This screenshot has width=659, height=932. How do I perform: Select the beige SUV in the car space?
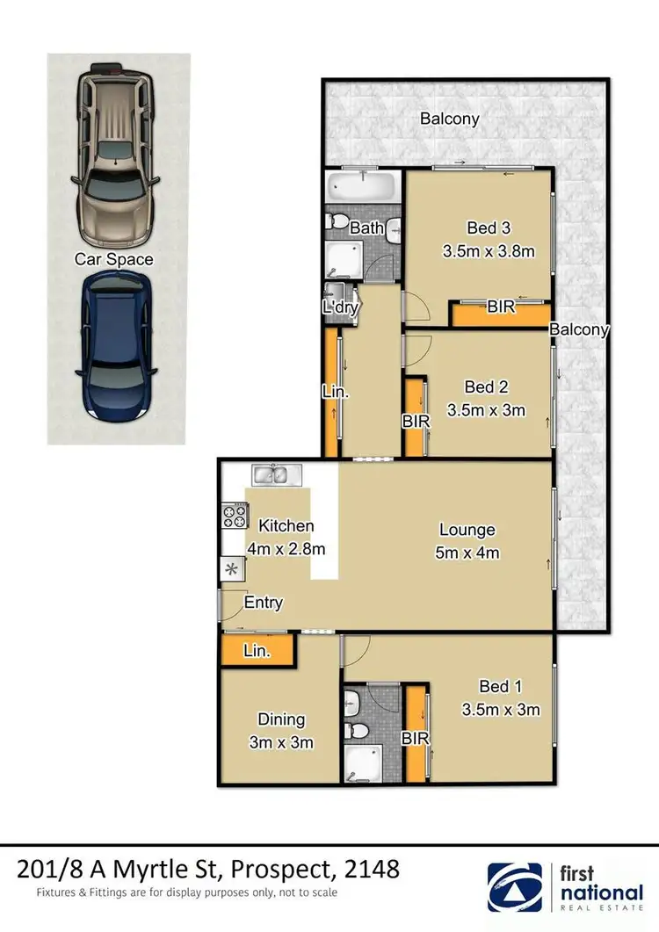[117, 157]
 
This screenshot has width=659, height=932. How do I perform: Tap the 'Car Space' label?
[113, 259]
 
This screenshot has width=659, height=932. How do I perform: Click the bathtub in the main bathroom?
[362, 187]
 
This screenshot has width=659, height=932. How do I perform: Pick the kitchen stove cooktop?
[234, 514]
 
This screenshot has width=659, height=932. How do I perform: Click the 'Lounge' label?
[467, 531]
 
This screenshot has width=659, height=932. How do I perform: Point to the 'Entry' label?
[264, 603]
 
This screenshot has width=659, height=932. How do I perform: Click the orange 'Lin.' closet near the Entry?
[257, 651]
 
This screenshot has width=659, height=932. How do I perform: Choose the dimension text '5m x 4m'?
[467, 553]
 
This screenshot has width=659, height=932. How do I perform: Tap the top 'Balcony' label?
[449, 119]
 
